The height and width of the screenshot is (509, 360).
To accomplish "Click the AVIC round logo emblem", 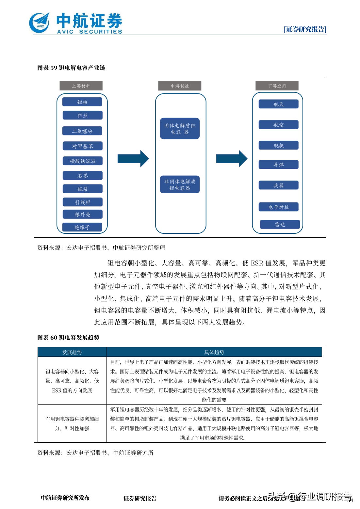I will pos(40,23).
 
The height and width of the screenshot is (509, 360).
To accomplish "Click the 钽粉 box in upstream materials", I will pos(82,102).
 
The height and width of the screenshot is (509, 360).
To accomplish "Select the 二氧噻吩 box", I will pos(82,131).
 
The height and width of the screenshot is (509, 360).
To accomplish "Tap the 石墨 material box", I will pos(82,176).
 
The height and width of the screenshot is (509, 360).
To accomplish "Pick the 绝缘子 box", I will pos(82,227).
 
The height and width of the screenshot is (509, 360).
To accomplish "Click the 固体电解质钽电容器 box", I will pos(180,129).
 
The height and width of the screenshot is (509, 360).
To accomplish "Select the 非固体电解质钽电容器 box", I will pos(180,184).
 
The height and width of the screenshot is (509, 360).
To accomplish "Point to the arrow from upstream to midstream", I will pos(133,159).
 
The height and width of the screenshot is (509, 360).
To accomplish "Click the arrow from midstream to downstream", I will pos(232,159).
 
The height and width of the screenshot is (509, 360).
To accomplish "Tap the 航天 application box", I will pos(278,104).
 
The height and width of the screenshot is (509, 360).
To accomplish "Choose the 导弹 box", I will pos(278,165).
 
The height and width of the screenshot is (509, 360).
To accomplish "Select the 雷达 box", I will pos(280,224).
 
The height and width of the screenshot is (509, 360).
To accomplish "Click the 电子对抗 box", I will pos(278,207).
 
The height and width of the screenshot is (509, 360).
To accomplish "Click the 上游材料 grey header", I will pos(81,86).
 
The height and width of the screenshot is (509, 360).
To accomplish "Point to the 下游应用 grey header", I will pos(277,86).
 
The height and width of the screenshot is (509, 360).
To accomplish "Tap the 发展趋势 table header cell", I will pos(72,352).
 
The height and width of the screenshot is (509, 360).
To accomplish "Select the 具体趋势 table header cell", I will pos(214,352).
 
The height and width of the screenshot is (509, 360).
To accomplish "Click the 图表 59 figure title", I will pos(71,68).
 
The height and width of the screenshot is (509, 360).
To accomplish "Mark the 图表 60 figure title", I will pos(68,337).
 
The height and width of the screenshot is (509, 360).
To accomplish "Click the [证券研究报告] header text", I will pos(305,29).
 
